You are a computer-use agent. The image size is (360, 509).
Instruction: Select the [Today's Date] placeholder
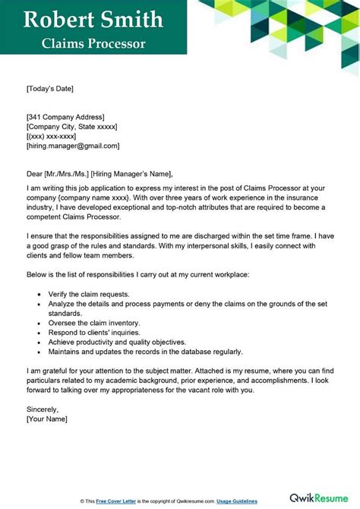(x=50, y=89)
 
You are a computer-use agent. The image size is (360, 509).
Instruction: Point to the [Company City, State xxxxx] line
(x=71, y=126)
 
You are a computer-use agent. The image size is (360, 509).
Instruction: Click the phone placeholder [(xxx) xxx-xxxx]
(x=52, y=136)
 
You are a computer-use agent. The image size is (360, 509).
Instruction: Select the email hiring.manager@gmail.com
(x=73, y=146)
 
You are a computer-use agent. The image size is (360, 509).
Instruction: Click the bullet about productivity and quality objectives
(x=112, y=342)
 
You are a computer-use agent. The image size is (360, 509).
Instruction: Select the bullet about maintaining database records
(x=144, y=352)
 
